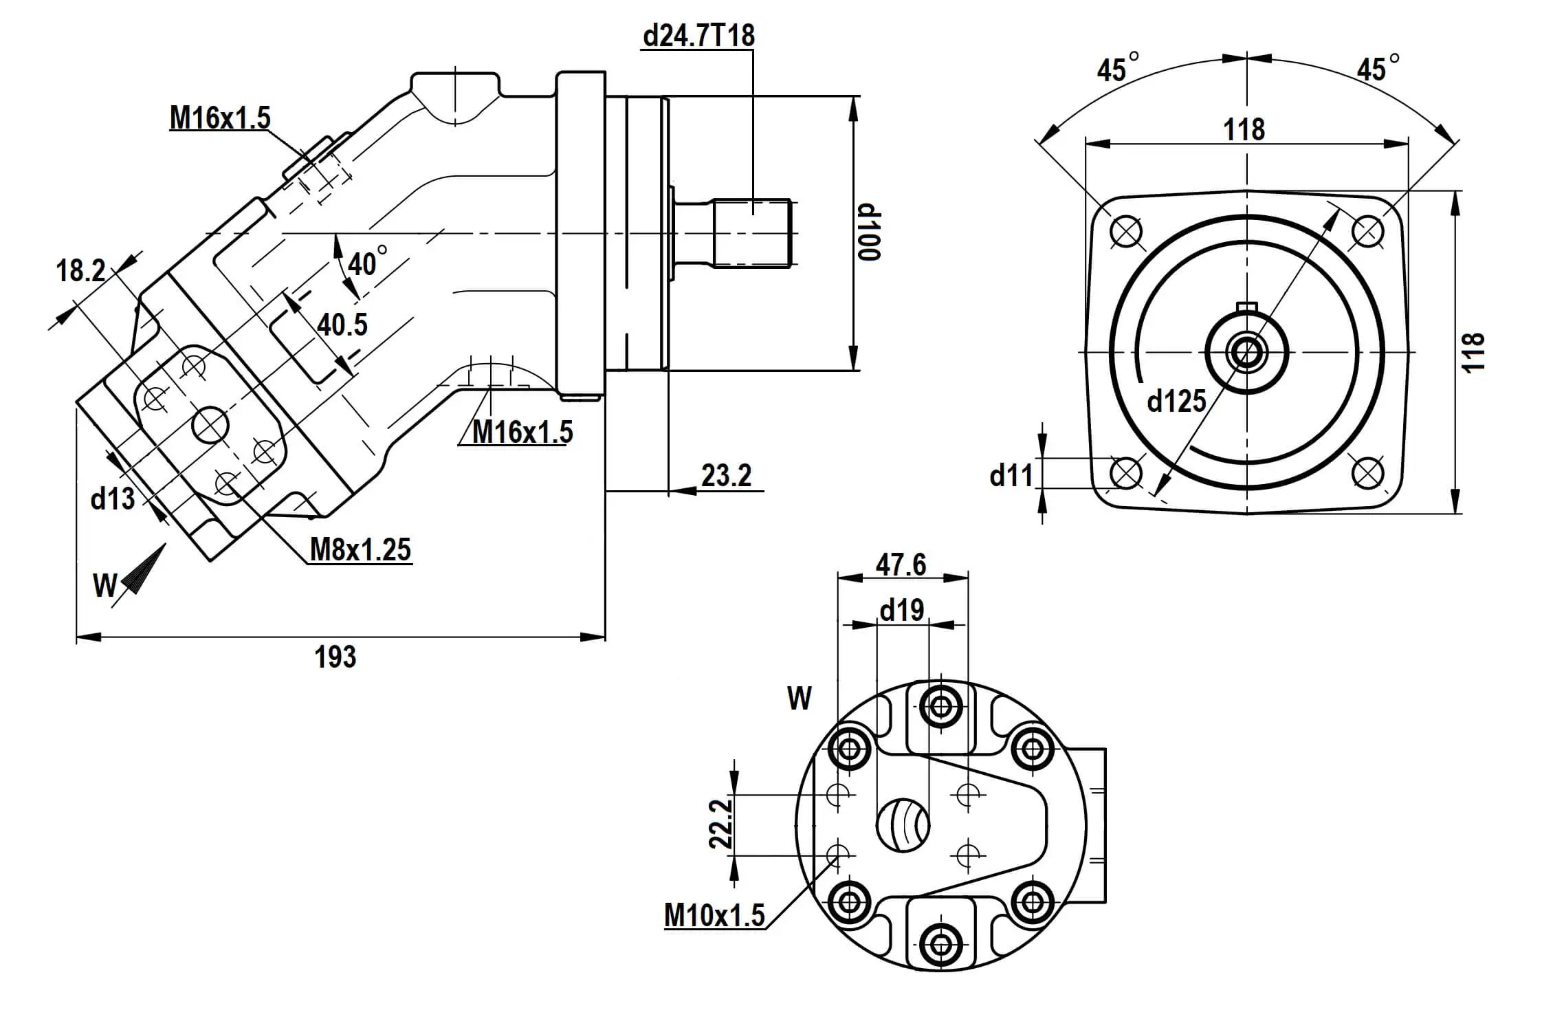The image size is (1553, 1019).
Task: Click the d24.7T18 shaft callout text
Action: pyautogui.click(x=698, y=35)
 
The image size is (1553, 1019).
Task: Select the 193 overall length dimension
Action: pyautogui.click(x=335, y=657)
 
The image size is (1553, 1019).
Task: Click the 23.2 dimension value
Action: pyautogui.click(x=727, y=476)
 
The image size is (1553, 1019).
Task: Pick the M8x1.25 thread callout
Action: pyautogui.click(x=360, y=550)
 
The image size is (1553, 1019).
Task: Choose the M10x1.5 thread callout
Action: pyautogui.click(x=714, y=916)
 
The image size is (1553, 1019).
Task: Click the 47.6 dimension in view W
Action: pyautogui.click(x=901, y=565)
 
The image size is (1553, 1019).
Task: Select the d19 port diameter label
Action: pyautogui.click(x=902, y=610)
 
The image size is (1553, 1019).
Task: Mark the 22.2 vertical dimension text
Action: pyautogui.click(x=720, y=824)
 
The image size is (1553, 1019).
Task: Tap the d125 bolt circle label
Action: pyautogui.click(x=1176, y=401)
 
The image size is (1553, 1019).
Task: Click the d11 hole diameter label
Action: pyautogui.click(x=1011, y=476)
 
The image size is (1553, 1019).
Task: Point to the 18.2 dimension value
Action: pyautogui.click(x=80, y=271)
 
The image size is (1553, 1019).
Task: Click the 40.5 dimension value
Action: pyautogui.click(x=342, y=325)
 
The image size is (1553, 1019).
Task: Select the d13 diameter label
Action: pyautogui.click(x=113, y=498)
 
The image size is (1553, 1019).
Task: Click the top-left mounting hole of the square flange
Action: pyautogui.click(x=1126, y=231)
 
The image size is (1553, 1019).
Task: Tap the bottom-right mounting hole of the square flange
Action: pyautogui.click(x=1367, y=473)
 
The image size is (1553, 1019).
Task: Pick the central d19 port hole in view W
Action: pyautogui.click(x=903, y=824)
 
